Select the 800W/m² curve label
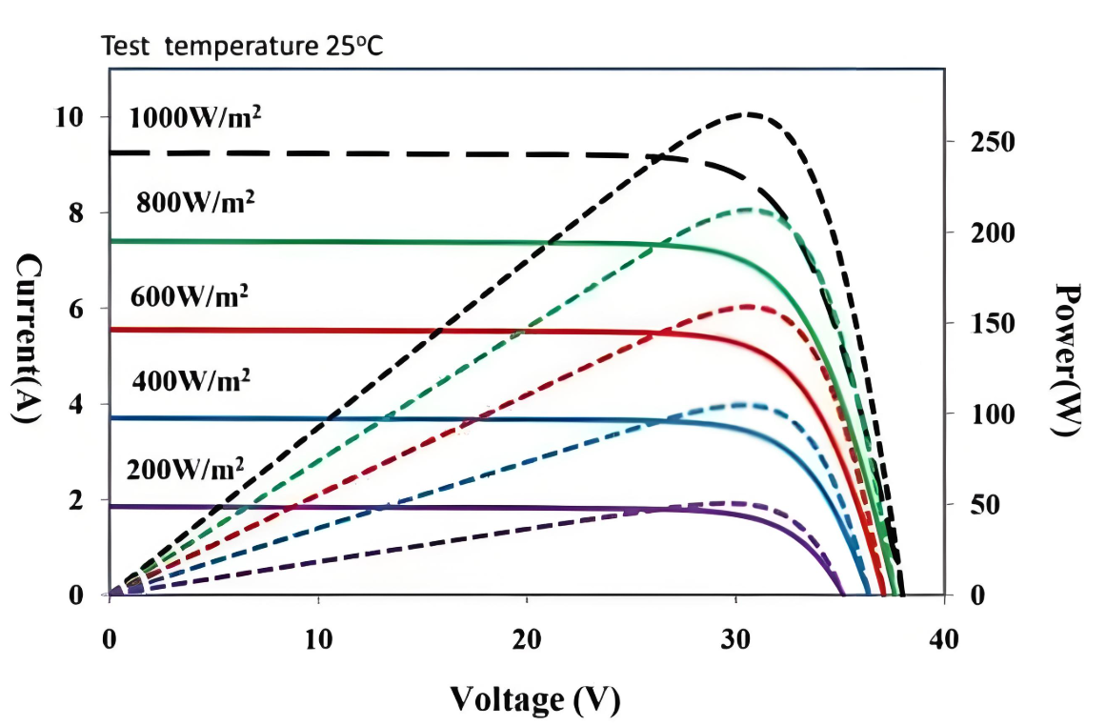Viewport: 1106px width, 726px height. click(196, 202)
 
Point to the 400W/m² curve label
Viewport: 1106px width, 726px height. click(191, 380)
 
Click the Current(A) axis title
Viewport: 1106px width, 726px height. click(28, 338)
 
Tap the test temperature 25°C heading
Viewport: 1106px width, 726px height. click(242, 46)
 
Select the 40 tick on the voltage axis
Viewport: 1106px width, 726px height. click(944, 639)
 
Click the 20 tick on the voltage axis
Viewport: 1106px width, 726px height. click(527, 639)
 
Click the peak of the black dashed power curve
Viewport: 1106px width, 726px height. click(749, 114)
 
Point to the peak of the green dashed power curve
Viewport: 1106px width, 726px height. click(749, 210)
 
